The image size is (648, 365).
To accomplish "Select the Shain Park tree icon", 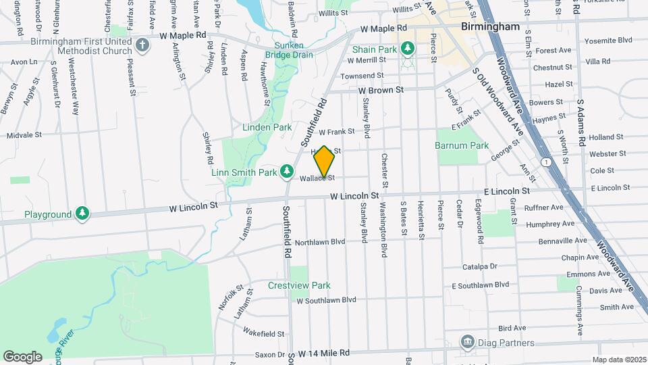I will [x=407, y=48].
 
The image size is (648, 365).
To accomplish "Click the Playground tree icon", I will [x=82, y=214].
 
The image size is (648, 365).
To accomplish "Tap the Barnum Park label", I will [x=461, y=145].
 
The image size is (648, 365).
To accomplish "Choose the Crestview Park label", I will [x=299, y=285].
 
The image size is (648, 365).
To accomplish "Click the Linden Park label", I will [x=267, y=127].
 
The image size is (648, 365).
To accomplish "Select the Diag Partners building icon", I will [x=466, y=343].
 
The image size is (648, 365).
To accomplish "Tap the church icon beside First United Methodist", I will [x=142, y=46].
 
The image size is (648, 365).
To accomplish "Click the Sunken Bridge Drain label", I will [x=290, y=49].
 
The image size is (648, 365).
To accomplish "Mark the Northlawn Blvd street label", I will [x=319, y=241].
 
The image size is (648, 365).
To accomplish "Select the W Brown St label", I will [x=381, y=89].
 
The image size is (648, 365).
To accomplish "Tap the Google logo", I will [x=22, y=356].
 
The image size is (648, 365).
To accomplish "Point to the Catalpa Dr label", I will [x=479, y=266].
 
